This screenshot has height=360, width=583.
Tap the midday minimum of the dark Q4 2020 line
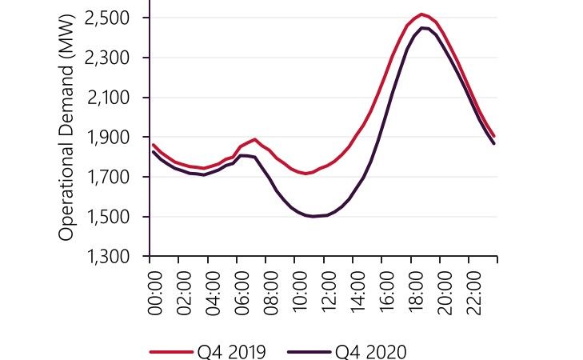313,216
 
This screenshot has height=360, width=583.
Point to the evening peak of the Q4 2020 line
424,28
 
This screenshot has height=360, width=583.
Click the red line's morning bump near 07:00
255,139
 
